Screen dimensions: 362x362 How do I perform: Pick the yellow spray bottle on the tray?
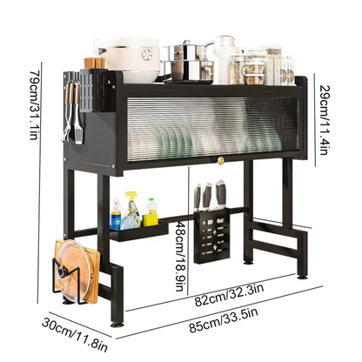coord(132,209)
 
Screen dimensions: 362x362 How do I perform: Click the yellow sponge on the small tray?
coord(151,213)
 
